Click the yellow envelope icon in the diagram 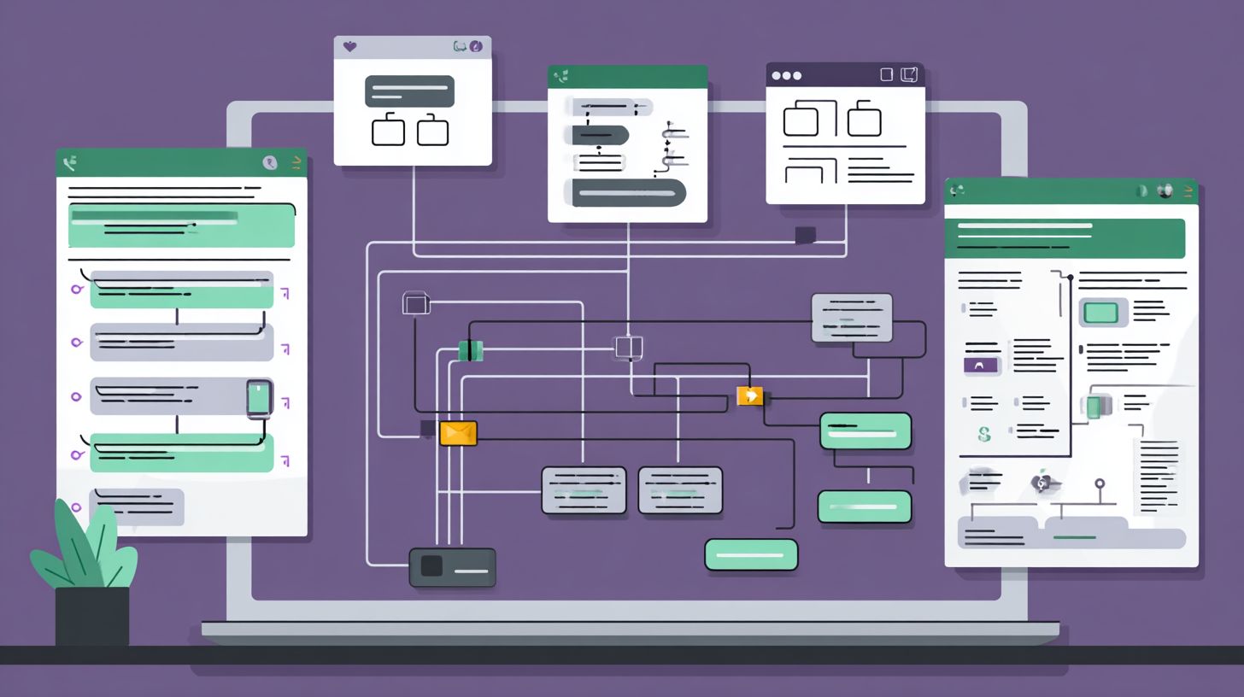458,433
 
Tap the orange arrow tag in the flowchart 749,395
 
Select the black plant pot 92,615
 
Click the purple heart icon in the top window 349,47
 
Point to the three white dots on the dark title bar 786,75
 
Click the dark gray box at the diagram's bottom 452,567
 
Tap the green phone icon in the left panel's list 259,398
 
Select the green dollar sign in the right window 984,435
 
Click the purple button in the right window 981,365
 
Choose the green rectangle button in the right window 1100,313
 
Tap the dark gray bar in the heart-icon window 409,91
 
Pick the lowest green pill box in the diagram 751,554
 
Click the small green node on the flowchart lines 470,350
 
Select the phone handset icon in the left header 70,161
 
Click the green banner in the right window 1065,237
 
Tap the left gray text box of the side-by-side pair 584,490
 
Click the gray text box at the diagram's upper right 851,318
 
